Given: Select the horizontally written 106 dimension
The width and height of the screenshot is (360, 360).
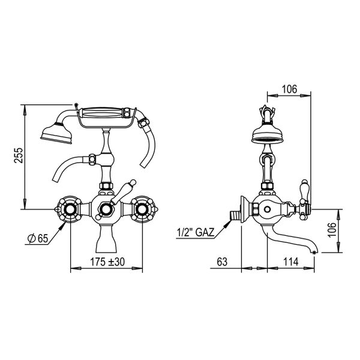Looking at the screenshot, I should (x=289, y=89).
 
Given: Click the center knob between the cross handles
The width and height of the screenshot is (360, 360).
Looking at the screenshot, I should (x=106, y=209).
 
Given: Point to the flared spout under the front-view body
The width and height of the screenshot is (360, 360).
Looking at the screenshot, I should (x=106, y=241).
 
